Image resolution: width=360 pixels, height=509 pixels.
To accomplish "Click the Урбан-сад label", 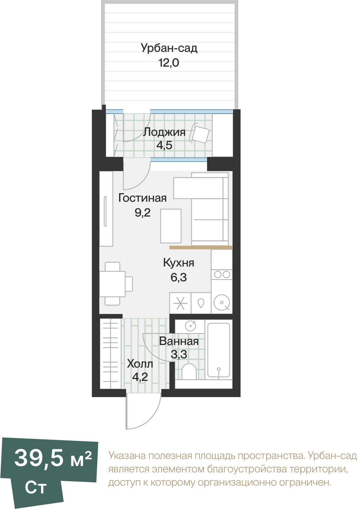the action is [169, 48].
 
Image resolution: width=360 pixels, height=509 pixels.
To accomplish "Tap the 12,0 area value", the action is [169, 63].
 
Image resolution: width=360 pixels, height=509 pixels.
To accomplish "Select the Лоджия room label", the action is [164, 132].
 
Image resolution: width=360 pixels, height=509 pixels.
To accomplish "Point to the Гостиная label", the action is [142, 198].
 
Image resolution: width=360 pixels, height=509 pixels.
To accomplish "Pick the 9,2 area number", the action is [143, 213].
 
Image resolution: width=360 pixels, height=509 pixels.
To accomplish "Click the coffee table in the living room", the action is [171, 226].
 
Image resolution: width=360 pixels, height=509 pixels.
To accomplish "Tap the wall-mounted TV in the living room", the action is [105, 211].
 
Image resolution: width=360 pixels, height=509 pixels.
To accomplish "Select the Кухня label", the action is [179, 263].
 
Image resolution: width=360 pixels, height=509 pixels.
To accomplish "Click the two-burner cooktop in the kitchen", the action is [222, 275].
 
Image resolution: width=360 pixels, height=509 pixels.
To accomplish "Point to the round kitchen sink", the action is [222, 302].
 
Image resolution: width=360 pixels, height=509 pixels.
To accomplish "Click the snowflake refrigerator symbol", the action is [180, 303].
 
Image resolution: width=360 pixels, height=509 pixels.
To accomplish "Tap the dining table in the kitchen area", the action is [112, 284].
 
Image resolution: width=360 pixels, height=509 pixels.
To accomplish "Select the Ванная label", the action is [179, 341].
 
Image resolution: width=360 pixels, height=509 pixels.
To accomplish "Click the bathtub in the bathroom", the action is [219, 350].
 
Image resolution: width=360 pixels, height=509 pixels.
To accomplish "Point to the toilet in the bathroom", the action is [189, 372].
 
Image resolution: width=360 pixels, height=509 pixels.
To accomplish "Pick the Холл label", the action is [140, 364].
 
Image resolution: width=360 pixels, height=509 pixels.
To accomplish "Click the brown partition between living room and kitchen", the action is [201, 247].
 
